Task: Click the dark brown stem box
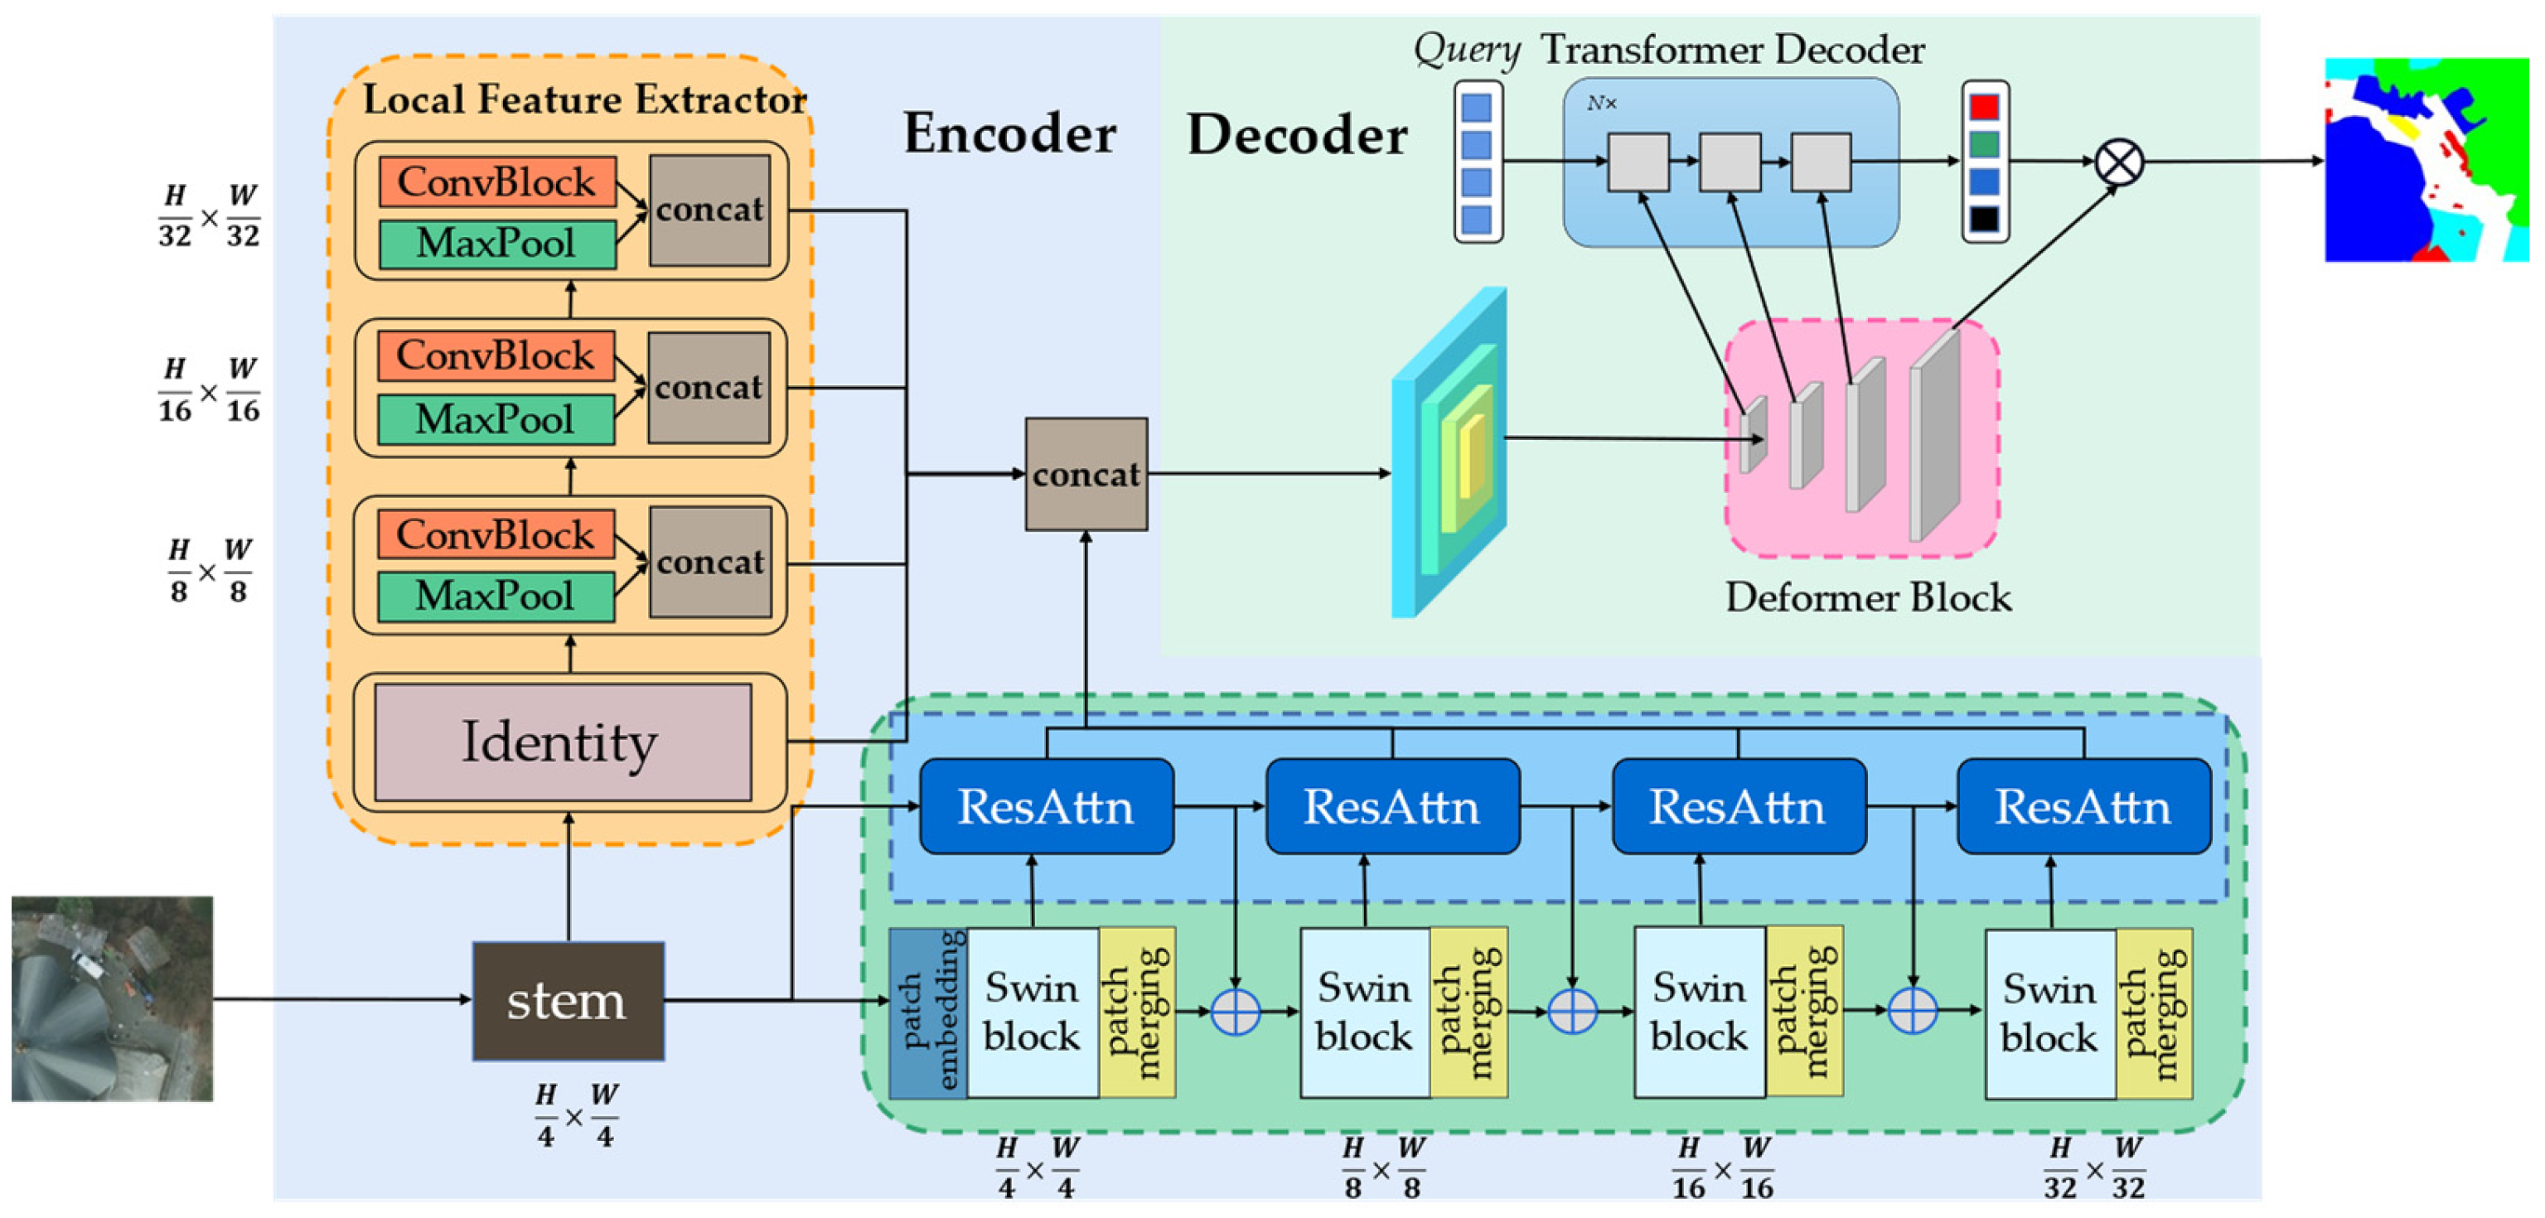coord(568,1000)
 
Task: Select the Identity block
coord(562,742)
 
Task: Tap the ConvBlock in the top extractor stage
coord(496,181)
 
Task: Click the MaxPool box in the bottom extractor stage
coord(495,596)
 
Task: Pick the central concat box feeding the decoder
coord(1086,474)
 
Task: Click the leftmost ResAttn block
coord(1046,806)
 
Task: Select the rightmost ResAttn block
coord(2083,806)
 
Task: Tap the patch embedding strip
coord(927,1013)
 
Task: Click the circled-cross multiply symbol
coord(2118,161)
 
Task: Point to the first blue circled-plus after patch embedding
coord(1235,1011)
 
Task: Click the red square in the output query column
coord(1984,107)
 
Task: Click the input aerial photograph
coord(112,998)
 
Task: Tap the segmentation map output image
coord(2426,160)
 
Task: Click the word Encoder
coord(1009,133)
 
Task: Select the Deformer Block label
coord(1867,597)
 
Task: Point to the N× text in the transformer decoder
coord(1600,103)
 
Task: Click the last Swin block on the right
coord(2049,1013)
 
